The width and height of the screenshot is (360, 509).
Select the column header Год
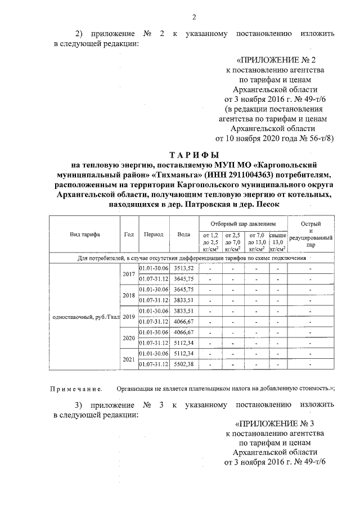[x=129, y=235]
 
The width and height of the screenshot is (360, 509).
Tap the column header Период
[x=154, y=235]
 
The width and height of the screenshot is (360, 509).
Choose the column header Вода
[x=183, y=235]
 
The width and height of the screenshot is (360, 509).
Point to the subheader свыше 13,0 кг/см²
[x=278, y=240]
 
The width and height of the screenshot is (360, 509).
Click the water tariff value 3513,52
[x=183, y=268]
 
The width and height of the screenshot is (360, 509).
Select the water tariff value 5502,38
[x=183, y=364]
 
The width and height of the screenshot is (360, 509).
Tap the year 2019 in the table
[x=129, y=317]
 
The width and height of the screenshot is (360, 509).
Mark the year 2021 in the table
[x=129, y=359]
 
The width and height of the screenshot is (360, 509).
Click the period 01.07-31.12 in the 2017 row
[x=154, y=278]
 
